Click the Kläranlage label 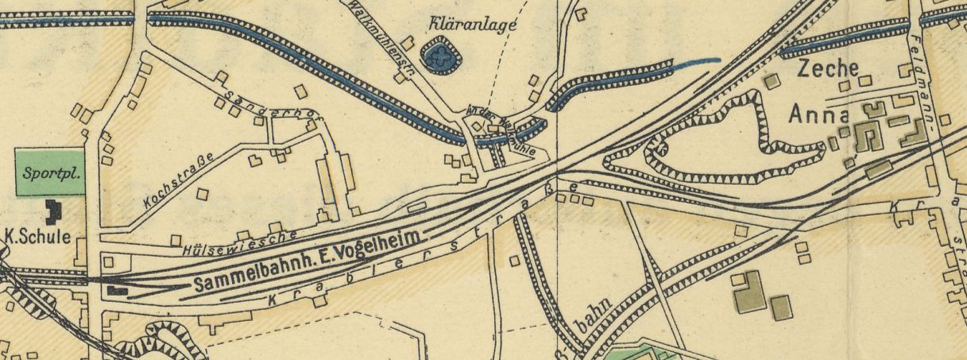[x=472, y=24]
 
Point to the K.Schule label [x=38, y=236]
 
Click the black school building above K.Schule [x=53, y=210]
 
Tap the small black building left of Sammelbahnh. [x=117, y=290]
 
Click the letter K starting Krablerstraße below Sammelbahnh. [x=273, y=299]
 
